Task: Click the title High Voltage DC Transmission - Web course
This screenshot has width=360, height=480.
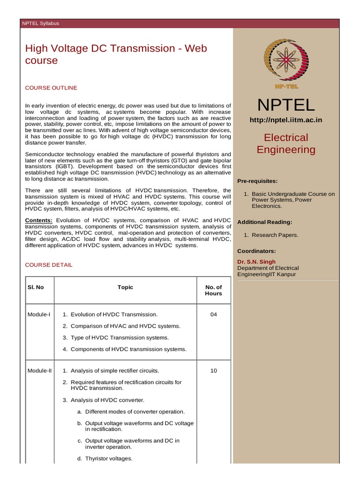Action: point(116,54)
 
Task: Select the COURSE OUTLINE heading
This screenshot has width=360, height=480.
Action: point(51,88)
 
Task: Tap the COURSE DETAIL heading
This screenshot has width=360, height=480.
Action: point(49,265)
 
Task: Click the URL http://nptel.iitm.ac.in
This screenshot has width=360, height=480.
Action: point(286,120)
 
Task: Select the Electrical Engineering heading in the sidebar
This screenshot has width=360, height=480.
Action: point(286,143)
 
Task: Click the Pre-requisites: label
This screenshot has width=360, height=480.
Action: point(257,181)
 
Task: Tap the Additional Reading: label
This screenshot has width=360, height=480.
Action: point(265,222)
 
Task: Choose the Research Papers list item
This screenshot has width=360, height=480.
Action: point(275,235)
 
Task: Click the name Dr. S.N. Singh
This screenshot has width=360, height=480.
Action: point(256,262)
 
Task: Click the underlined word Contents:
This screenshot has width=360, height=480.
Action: point(39,220)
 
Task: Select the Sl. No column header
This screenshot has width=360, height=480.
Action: point(36,287)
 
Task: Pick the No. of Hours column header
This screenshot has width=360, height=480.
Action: point(213,290)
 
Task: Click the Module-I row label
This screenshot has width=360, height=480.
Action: point(39,315)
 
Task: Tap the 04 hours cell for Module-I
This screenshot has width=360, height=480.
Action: point(213,315)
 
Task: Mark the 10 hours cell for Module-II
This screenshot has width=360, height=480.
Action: point(213,371)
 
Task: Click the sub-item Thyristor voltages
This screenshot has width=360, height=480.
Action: point(109,458)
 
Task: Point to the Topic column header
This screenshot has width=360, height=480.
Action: point(125,287)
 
